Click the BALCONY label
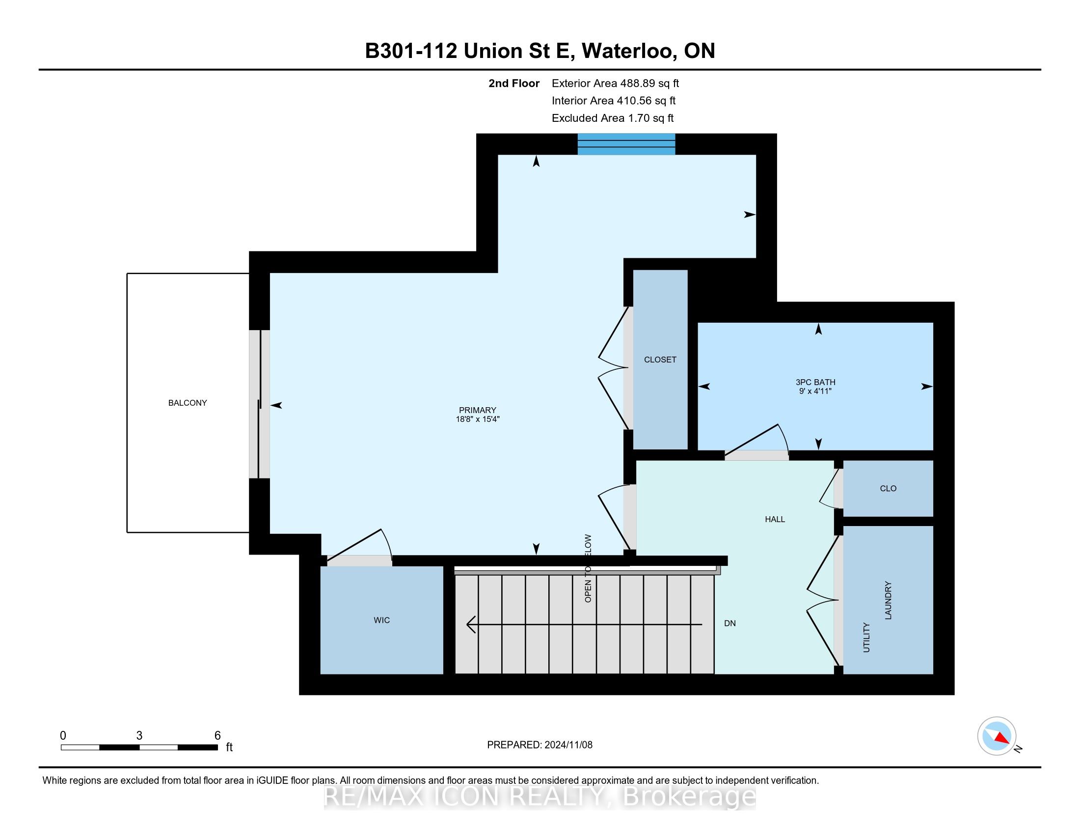click(188, 403)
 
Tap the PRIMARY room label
click(477, 410)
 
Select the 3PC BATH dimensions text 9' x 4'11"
click(815, 391)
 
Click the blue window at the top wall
click(626, 144)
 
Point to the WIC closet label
click(381, 620)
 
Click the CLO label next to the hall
click(888, 489)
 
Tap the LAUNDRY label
click(888, 600)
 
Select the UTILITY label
click(866, 638)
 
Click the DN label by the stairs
click(729, 623)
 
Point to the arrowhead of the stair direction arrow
click(470, 624)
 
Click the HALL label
click(774, 519)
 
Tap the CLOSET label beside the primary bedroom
click(660, 360)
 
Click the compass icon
click(997, 736)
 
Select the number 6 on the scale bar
click(217, 736)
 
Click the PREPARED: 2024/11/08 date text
click(540, 745)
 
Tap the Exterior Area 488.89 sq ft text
click(615, 83)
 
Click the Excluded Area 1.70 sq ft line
click(612, 118)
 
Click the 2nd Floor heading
click(513, 83)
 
